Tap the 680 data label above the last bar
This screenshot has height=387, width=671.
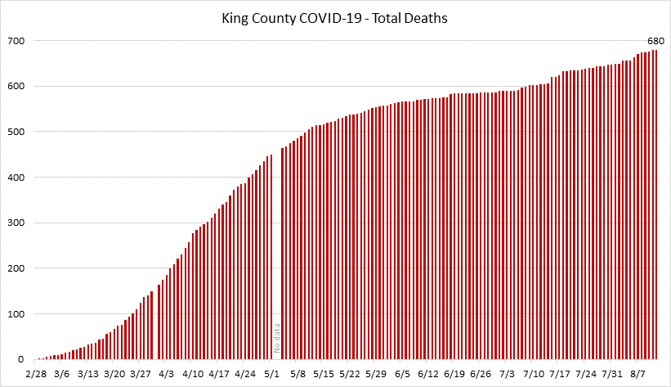[x=655, y=40]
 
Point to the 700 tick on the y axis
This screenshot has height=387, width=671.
[x=16, y=41]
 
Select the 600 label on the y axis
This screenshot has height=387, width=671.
[x=16, y=87]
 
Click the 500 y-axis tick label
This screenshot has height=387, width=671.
[x=16, y=132]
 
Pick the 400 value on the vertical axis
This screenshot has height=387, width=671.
[x=16, y=178]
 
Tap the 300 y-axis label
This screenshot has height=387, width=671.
[x=16, y=223]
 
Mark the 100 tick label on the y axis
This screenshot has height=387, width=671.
[x=16, y=314]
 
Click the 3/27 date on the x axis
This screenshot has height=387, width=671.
[x=140, y=374]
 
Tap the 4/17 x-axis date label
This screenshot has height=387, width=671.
[x=218, y=374]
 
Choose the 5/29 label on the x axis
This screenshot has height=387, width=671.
[x=376, y=374]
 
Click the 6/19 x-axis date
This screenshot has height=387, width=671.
[x=455, y=374]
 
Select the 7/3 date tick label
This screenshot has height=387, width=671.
[x=508, y=374]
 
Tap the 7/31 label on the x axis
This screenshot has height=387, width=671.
[x=612, y=374]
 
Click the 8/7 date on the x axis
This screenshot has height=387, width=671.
[x=638, y=374]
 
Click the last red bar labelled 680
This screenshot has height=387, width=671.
[x=655, y=205]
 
